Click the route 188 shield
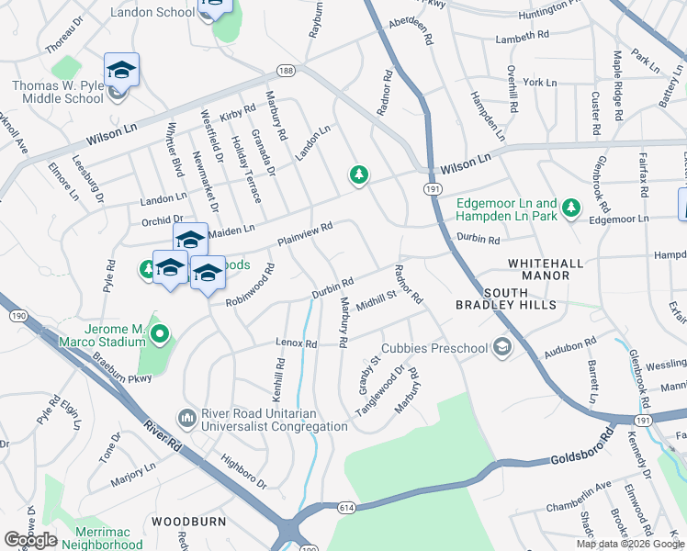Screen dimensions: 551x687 tap(288, 71)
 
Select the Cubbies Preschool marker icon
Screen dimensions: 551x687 tap(501, 347)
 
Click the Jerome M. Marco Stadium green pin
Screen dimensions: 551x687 tap(160, 334)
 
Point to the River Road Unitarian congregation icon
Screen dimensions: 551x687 tap(187, 419)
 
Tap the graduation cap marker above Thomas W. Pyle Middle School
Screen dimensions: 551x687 tap(121, 70)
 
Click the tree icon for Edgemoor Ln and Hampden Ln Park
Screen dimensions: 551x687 tap(571, 208)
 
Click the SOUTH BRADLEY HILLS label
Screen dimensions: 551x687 tap(519, 298)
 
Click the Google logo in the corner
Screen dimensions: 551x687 tap(30, 539)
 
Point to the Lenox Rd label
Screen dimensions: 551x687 tap(296, 343)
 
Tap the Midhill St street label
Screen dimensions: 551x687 tap(375, 299)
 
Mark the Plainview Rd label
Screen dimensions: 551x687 tap(304, 233)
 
